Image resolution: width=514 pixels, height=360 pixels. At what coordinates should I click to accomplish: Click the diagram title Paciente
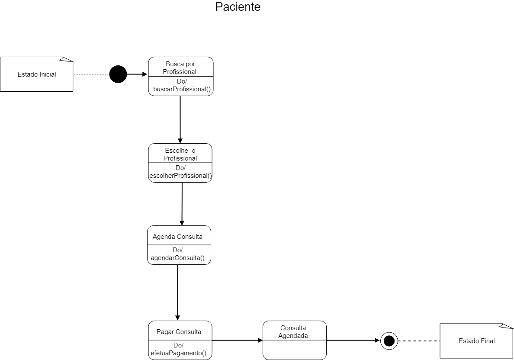(238, 7)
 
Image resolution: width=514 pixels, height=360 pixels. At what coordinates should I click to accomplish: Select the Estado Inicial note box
(37, 74)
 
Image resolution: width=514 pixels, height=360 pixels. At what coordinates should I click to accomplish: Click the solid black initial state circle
(118, 74)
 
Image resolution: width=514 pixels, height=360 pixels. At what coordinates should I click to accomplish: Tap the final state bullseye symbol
(389, 341)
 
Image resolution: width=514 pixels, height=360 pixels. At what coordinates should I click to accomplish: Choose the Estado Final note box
(476, 341)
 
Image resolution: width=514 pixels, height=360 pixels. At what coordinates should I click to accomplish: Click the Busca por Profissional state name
(180, 68)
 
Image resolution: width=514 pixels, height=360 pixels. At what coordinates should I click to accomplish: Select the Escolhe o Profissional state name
(180, 154)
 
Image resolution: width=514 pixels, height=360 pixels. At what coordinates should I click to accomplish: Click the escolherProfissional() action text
(180, 176)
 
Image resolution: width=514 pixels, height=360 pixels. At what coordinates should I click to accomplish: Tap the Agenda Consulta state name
(177, 237)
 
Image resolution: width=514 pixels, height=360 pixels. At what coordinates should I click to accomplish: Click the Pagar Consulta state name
(179, 332)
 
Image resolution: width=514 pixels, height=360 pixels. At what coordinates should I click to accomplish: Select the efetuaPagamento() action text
(178, 353)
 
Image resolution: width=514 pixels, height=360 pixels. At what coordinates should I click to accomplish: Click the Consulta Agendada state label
(293, 331)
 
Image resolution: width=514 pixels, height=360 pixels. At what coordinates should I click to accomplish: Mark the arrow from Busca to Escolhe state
(180, 119)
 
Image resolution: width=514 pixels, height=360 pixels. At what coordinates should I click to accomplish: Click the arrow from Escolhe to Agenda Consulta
(182, 203)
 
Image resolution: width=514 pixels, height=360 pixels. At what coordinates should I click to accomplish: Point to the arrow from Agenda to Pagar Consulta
(177, 292)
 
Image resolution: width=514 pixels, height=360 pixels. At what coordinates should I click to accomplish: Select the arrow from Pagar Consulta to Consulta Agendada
(237, 340)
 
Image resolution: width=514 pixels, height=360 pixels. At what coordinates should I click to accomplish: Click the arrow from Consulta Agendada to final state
(353, 340)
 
